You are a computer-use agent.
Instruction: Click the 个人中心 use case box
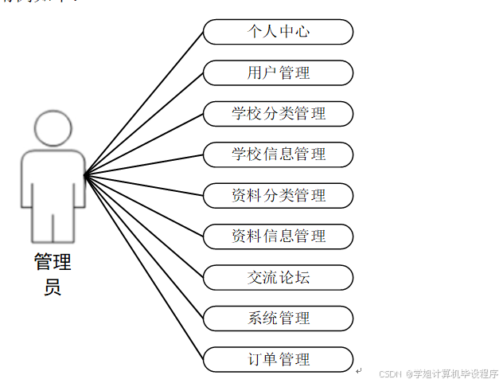point(278,32)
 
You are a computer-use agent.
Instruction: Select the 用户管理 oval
point(278,73)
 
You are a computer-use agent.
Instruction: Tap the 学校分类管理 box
point(278,114)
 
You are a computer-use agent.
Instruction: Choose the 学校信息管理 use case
point(278,154)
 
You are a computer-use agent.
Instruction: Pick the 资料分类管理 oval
point(278,195)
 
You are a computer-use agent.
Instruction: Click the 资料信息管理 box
point(278,236)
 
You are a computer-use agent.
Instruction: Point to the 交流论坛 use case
point(278,277)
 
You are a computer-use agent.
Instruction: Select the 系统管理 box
point(278,319)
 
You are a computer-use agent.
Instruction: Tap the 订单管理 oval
point(278,359)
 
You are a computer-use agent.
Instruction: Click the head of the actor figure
point(53,127)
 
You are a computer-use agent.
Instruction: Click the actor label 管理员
point(53,273)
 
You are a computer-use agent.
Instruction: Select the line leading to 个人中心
point(144,103)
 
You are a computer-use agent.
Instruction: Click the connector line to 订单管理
point(144,267)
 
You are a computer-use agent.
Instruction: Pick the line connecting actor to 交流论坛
point(144,225)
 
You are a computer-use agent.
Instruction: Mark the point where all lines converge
point(85,174)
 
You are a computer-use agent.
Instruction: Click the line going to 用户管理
point(144,123)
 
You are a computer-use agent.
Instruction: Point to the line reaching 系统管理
point(144,246)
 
